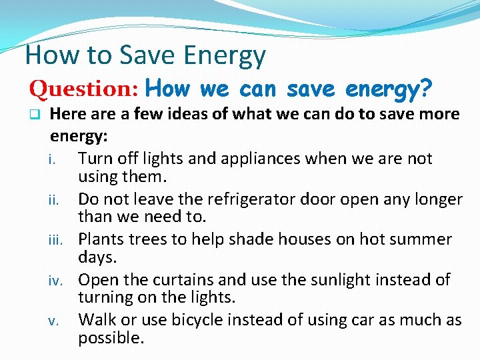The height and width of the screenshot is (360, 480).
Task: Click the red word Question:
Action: coord(83,88)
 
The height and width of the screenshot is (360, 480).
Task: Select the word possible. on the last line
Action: coord(111,338)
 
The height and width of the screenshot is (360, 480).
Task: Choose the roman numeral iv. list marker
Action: coord(58,281)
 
